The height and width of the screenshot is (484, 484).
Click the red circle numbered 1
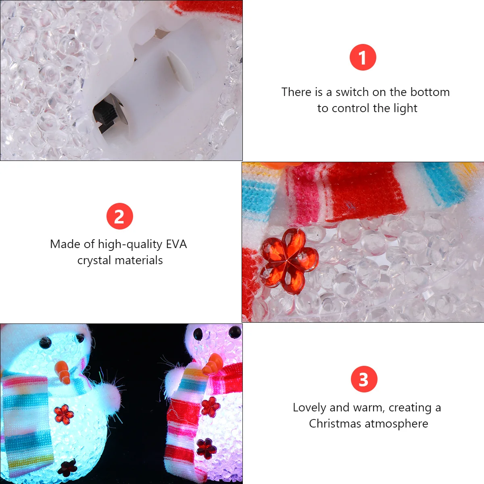point(363,57)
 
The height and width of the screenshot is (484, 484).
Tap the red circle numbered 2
point(120,216)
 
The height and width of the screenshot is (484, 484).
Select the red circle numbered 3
point(364,379)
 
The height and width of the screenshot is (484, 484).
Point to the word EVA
point(176,244)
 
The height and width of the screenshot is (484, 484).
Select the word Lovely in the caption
point(309,407)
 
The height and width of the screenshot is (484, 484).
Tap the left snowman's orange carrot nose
point(63,372)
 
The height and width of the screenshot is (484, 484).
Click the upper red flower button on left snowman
point(64,414)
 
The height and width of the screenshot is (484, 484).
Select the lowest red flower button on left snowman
point(67,468)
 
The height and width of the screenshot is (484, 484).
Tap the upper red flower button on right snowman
point(210,407)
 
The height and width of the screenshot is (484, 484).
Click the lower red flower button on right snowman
point(206,448)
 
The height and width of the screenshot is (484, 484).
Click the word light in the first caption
point(405,108)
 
